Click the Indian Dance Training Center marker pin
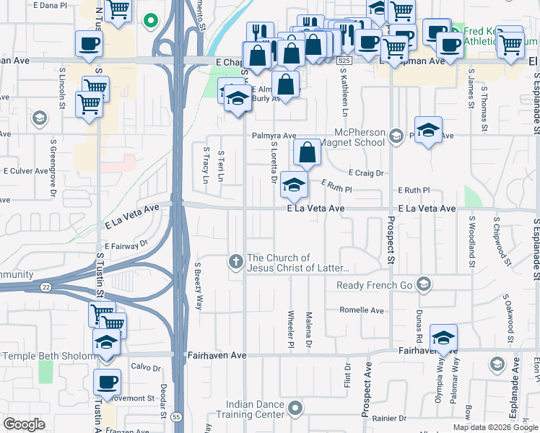(x=295, y=409)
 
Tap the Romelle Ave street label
(x=362, y=310)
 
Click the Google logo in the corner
(x=25, y=424)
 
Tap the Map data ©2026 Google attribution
(x=495, y=427)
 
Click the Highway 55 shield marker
(x=176, y=416)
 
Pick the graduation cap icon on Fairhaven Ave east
(x=443, y=337)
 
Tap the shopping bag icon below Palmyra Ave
(x=307, y=152)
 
